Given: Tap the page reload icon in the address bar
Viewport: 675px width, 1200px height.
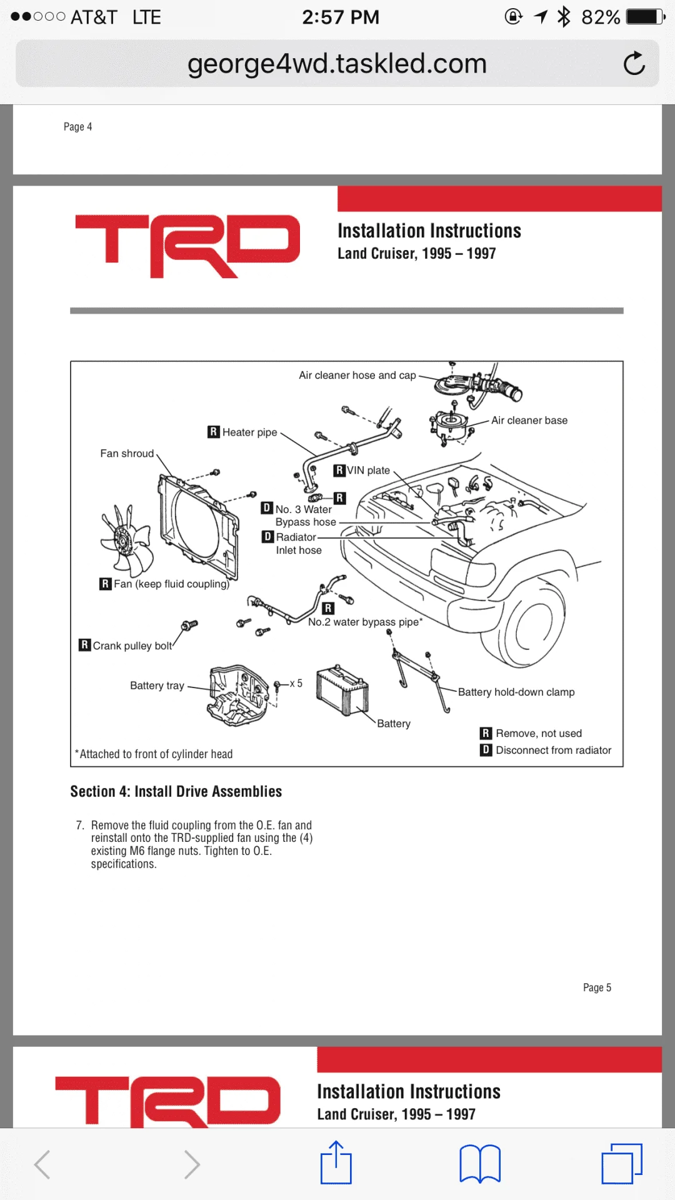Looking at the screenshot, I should tap(634, 64).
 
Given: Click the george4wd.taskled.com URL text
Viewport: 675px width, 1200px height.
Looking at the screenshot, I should tap(337, 64).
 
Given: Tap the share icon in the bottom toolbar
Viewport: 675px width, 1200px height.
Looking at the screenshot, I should tap(336, 1163).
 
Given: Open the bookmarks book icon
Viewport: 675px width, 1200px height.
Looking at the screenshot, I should tap(479, 1164).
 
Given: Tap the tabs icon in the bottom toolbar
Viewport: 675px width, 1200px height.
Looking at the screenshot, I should tap(621, 1163).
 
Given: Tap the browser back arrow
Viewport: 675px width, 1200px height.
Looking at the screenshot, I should tap(42, 1164).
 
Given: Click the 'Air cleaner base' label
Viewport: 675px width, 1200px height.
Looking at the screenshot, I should tap(529, 421).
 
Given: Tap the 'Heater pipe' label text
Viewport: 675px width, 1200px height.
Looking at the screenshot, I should tap(249, 432).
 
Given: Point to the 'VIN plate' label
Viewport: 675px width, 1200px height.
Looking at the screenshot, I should tap(368, 471).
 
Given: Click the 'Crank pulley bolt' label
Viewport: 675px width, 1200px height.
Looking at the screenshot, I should tap(132, 646).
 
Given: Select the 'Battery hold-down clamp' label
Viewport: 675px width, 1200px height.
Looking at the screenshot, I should tap(516, 692).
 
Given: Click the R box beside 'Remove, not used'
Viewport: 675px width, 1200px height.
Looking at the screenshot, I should tap(486, 733).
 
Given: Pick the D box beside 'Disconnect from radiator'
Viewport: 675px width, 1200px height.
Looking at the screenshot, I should tap(486, 750).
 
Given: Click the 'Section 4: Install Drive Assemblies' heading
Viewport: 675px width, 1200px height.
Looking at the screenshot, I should tap(176, 791).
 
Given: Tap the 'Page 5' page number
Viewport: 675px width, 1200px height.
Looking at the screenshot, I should tap(597, 987).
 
